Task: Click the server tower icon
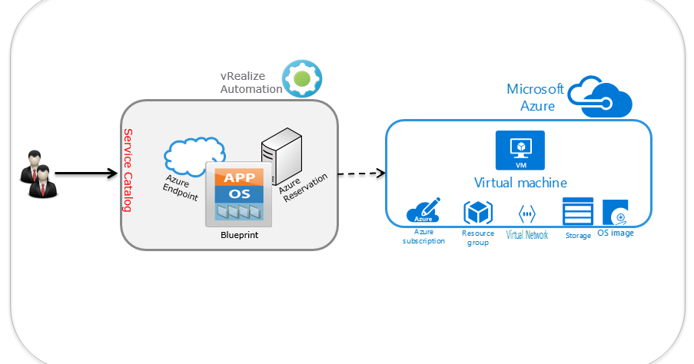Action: pos(278,154)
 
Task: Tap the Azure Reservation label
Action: pos(303,189)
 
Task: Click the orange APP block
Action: pos(238,177)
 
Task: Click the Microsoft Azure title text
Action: pos(535,98)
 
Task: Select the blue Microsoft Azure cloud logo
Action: pos(600,96)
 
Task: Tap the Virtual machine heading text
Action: pos(520,183)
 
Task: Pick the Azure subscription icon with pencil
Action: pos(423,211)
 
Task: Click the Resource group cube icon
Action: pos(477,213)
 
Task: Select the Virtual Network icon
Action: pos(527,213)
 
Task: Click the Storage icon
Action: pos(578,212)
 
